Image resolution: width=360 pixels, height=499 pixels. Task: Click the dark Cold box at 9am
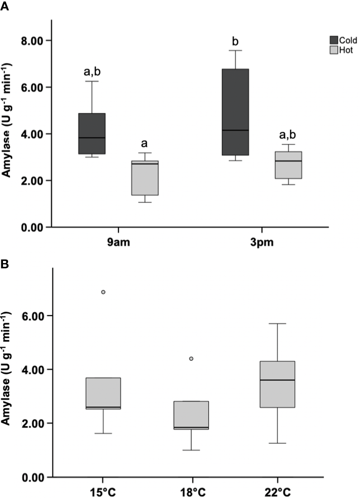(92, 133)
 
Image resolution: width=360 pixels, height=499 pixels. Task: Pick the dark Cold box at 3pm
(235, 112)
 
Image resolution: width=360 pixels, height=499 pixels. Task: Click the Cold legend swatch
(333, 40)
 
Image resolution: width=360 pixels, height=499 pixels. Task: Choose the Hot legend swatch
(333, 50)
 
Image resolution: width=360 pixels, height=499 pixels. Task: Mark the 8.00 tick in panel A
(35, 41)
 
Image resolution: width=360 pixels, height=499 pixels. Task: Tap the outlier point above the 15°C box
(103, 292)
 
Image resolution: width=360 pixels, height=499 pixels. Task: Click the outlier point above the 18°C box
(192, 359)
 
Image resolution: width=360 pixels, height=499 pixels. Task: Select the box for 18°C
(192, 415)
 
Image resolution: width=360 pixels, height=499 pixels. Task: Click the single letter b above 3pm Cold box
(235, 41)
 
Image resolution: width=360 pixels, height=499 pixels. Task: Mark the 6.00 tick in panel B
(35, 316)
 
